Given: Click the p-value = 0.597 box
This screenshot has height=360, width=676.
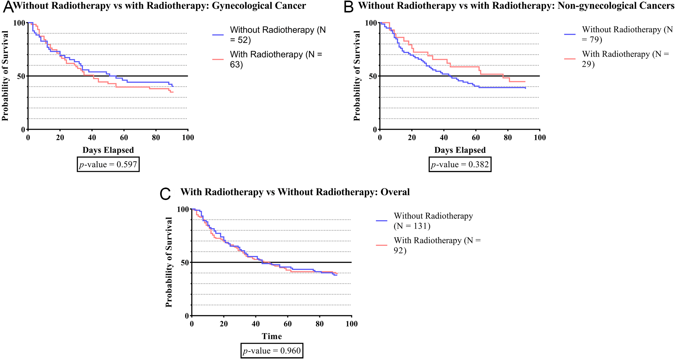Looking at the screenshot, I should click(108, 164).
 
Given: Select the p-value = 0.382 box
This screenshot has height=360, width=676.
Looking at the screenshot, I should click(460, 164).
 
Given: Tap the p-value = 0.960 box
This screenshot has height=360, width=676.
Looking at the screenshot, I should click(272, 351).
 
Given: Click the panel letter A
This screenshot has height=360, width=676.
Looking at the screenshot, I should click(8, 7).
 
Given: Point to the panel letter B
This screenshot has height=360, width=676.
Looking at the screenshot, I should click(349, 7).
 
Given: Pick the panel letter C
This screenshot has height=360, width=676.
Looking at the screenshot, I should click(165, 194).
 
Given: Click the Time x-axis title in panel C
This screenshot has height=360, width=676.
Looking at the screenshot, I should click(272, 336).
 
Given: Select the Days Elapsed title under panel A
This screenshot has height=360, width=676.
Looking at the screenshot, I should click(108, 150).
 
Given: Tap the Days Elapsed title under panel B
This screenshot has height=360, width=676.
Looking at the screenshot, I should click(460, 150).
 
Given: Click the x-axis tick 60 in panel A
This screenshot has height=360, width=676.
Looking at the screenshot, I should click(124, 137).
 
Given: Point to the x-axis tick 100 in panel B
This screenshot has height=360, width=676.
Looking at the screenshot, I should click(539, 137).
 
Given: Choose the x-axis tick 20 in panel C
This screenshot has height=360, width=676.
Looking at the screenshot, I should click(224, 324).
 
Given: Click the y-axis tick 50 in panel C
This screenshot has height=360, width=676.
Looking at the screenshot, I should click(184, 263).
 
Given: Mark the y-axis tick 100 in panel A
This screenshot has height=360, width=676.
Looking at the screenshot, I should click(19, 23).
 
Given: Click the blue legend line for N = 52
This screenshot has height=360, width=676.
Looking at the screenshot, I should click(218, 35).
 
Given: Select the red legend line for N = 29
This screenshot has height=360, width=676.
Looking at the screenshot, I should click(570, 59).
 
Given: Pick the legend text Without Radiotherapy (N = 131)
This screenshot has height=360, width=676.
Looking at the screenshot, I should click(433, 221).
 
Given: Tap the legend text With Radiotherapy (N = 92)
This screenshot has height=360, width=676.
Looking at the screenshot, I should click(437, 245).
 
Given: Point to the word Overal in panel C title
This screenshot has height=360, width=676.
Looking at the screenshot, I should click(395, 192).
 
